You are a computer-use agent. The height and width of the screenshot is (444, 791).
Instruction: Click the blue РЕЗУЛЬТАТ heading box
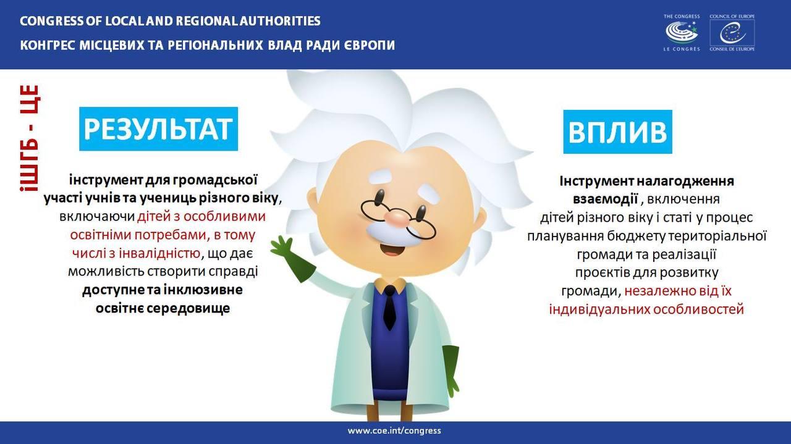point(159,129)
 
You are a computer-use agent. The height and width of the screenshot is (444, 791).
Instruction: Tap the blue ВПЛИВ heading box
point(617,132)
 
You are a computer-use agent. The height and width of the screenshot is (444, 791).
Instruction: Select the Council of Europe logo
point(732,33)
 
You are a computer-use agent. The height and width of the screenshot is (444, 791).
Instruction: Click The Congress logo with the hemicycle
point(682,33)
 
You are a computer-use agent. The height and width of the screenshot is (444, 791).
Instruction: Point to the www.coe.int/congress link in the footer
point(394,430)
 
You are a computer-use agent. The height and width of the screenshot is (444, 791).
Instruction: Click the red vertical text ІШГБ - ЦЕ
point(29,138)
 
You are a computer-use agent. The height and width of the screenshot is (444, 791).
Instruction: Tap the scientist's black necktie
point(389,307)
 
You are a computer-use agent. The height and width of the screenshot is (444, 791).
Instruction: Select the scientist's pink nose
point(398,218)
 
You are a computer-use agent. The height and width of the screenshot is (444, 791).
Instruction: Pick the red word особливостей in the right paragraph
point(698,309)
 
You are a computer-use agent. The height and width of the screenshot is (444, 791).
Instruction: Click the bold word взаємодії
point(605,199)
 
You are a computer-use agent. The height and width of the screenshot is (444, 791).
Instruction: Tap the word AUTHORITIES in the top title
point(280,21)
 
